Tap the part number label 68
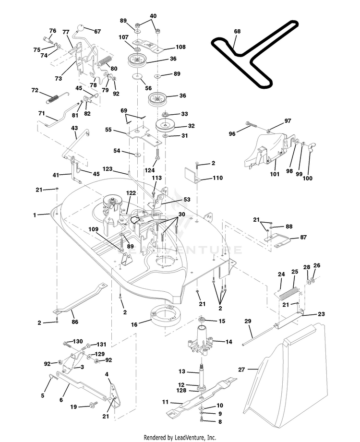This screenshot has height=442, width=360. coord(238,31)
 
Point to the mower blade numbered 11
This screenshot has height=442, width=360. coord(201,396)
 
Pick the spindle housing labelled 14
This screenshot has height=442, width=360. coord(202,340)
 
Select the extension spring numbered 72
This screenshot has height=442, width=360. coord(53,99)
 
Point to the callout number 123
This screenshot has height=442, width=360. coord(108,169)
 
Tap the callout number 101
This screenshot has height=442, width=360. coord(275,174)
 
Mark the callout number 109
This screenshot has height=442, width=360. coord(93,229)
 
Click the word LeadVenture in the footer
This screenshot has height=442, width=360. coord(190,438)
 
